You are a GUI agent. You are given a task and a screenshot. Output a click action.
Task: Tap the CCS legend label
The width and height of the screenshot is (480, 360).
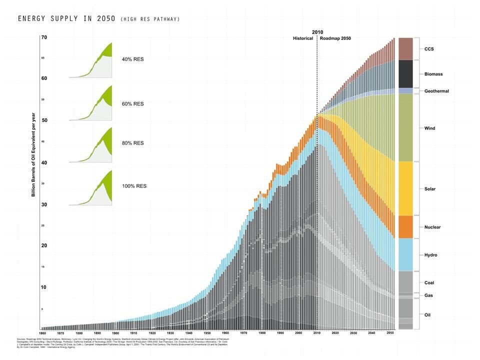pyautogui.click(x=429, y=49)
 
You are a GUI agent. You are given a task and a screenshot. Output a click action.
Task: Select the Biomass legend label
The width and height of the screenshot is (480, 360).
pyautogui.click(x=433, y=74)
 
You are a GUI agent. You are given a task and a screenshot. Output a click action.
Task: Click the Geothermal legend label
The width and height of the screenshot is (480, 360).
pyautogui.click(x=436, y=91)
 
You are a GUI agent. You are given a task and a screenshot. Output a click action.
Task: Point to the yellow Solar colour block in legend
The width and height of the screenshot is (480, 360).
pyautogui.click(x=405, y=188)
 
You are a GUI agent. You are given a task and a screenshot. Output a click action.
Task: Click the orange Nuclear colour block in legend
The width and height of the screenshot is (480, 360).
pyautogui.click(x=405, y=227)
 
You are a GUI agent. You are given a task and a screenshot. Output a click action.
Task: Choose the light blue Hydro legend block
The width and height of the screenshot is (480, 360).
pyautogui.click(x=405, y=254)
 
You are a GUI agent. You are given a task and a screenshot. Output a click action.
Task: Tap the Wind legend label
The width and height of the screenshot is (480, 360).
pyautogui.click(x=429, y=128)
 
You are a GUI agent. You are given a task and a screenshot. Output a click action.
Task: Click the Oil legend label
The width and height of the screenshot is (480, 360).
pyautogui.click(x=427, y=315)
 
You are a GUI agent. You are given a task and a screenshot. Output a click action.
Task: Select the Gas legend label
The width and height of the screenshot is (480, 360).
pyautogui.click(x=428, y=295)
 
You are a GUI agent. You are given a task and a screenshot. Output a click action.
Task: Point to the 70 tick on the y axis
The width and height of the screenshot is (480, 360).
pyautogui.click(x=44, y=37)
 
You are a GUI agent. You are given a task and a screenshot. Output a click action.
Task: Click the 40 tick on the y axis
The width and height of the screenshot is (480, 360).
pyautogui.click(x=44, y=162)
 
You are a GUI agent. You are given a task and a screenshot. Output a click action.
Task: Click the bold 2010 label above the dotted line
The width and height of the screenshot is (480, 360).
pyautogui.click(x=317, y=32)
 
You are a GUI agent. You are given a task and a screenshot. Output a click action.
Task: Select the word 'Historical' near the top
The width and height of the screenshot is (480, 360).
pyautogui.click(x=303, y=38)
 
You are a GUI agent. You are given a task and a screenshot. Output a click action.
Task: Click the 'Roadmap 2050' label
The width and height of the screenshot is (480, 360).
pyautogui.click(x=335, y=38)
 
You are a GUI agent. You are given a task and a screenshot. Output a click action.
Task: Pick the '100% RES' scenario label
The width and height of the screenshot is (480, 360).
pyautogui.click(x=134, y=186)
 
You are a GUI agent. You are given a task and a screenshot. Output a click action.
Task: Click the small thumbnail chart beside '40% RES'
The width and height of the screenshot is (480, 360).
pyautogui.click(x=90, y=60)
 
